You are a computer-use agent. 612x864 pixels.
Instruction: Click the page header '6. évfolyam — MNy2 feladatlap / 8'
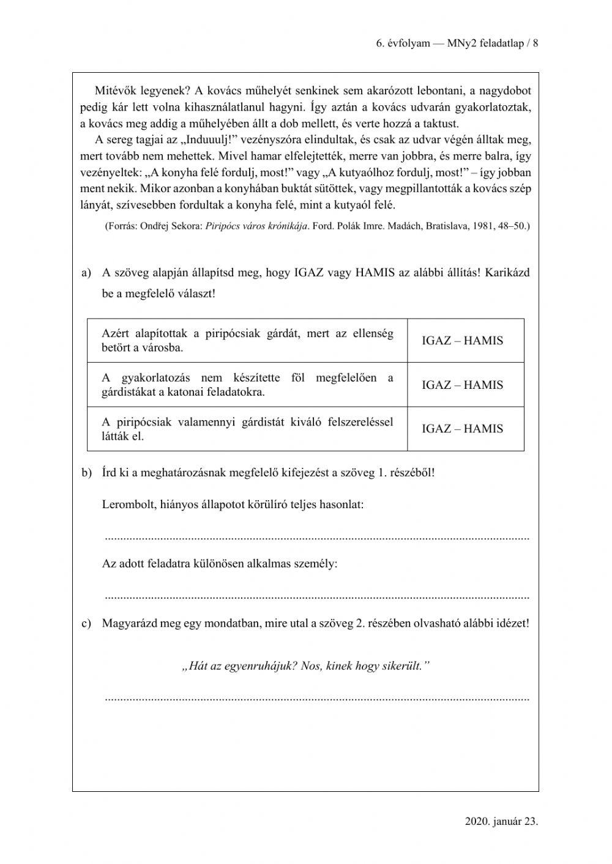click(x=457, y=43)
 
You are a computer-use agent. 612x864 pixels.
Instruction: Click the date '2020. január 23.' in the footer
click(x=501, y=821)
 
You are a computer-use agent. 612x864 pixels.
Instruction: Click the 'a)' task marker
click(x=86, y=273)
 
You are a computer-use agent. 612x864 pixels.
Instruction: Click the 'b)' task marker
click(x=86, y=473)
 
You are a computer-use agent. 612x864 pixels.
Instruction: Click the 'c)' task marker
click(x=86, y=624)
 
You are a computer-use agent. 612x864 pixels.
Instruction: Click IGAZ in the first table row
click(x=436, y=341)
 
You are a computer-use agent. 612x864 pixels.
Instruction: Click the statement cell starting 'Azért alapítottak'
click(x=247, y=341)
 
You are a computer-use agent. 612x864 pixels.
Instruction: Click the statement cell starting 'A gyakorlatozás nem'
click(x=247, y=385)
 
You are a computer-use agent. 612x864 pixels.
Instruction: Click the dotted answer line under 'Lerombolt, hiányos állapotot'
click(x=316, y=538)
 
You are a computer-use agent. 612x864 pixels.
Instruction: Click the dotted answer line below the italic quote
click(x=316, y=698)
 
